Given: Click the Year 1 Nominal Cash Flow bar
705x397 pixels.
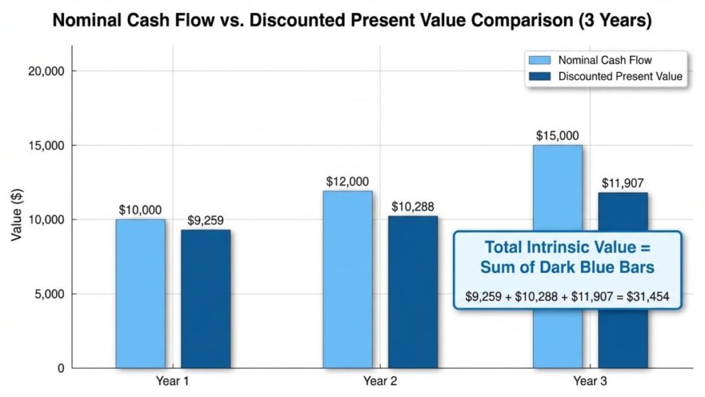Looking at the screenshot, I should pyautogui.click(x=140, y=293).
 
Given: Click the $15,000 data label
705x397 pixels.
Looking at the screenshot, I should pyautogui.click(x=558, y=136).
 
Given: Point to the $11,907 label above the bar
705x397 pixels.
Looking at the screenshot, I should pyautogui.click(x=622, y=183).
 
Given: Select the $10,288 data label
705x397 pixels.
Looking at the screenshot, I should pyautogui.click(x=413, y=207).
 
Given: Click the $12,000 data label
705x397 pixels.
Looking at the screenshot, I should pyautogui.click(x=348, y=182).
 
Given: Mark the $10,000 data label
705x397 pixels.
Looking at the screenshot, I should pyautogui.click(x=141, y=210).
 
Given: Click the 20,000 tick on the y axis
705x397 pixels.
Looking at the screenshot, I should pyautogui.click(x=46, y=72).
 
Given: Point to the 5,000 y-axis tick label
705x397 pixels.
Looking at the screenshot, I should pyautogui.click(x=49, y=294).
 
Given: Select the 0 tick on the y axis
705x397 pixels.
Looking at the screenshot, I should pyautogui.click(x=60, y=369).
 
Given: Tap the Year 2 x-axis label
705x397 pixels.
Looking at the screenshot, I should pyautogui.click(x=380, y=381).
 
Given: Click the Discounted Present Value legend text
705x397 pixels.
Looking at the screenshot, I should pyautogui.click(x=620, y=77).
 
